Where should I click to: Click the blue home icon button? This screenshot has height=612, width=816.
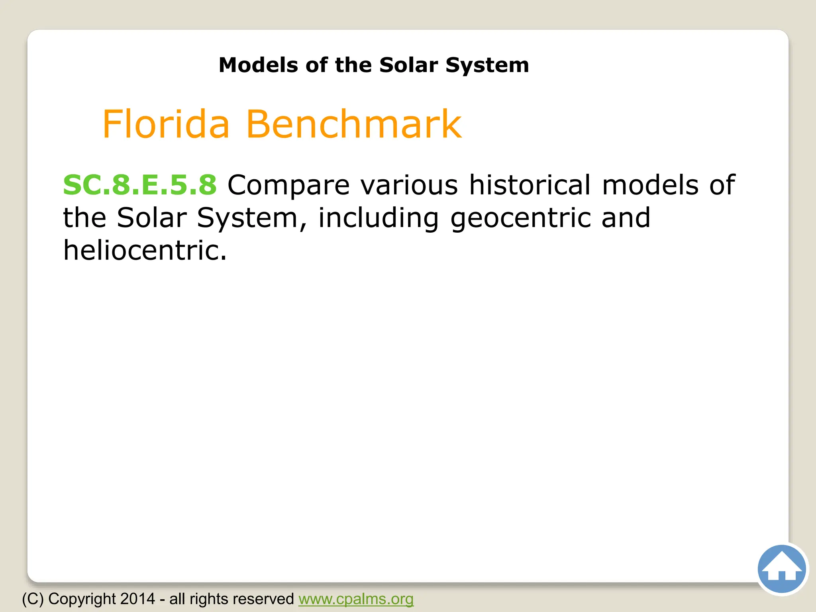(781, 569)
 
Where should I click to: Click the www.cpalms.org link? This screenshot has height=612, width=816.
(356, 599)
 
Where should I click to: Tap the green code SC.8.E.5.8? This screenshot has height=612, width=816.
(140, 185)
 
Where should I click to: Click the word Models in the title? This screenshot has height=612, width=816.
(258, 65)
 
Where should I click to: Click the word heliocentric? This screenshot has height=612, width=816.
(145, 251)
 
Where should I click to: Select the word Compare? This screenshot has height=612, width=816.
(288, 186)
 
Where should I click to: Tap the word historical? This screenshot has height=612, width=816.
(530, 185)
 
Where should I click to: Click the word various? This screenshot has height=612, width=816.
(409, 185)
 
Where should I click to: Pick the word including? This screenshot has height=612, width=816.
(378, 218)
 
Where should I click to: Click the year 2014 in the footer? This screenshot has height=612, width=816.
(137, 599)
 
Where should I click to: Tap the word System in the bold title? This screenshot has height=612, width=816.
(487, 65)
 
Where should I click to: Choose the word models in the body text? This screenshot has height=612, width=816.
(650, 185)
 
